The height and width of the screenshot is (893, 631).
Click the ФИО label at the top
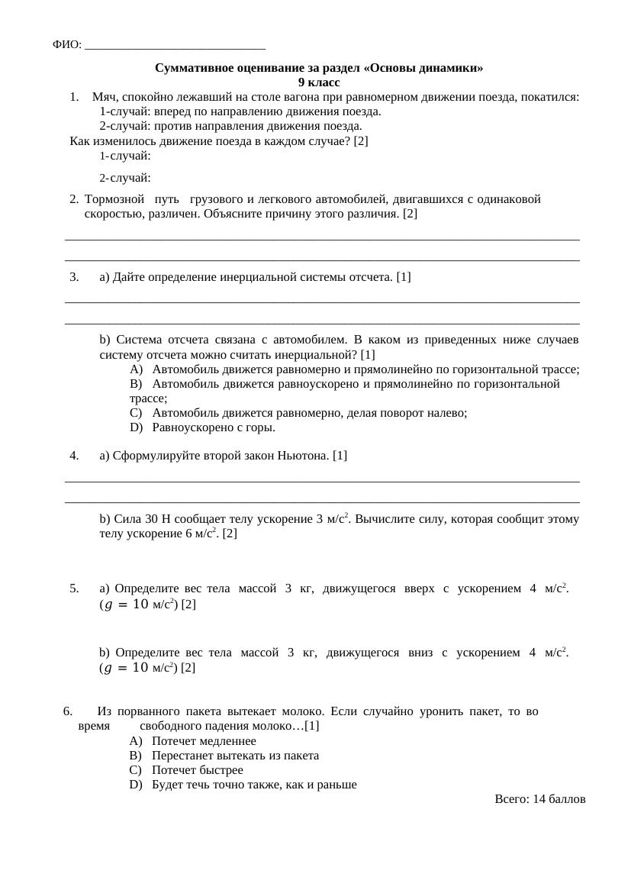(66, 45)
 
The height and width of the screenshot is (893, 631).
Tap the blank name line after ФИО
(175, 46)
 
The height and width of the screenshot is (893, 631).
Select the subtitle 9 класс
(319, 82)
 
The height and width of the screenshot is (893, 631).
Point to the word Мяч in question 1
(103, 97)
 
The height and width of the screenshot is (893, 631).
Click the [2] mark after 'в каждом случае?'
(361, 141)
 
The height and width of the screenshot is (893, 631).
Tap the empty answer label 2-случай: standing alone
(124, 179)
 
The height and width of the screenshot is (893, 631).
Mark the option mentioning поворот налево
(309, 413)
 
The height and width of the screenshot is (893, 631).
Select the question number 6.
(68, 711)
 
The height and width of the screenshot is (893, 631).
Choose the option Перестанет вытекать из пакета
(235, 756)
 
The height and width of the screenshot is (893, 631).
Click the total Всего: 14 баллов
(539, 799)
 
